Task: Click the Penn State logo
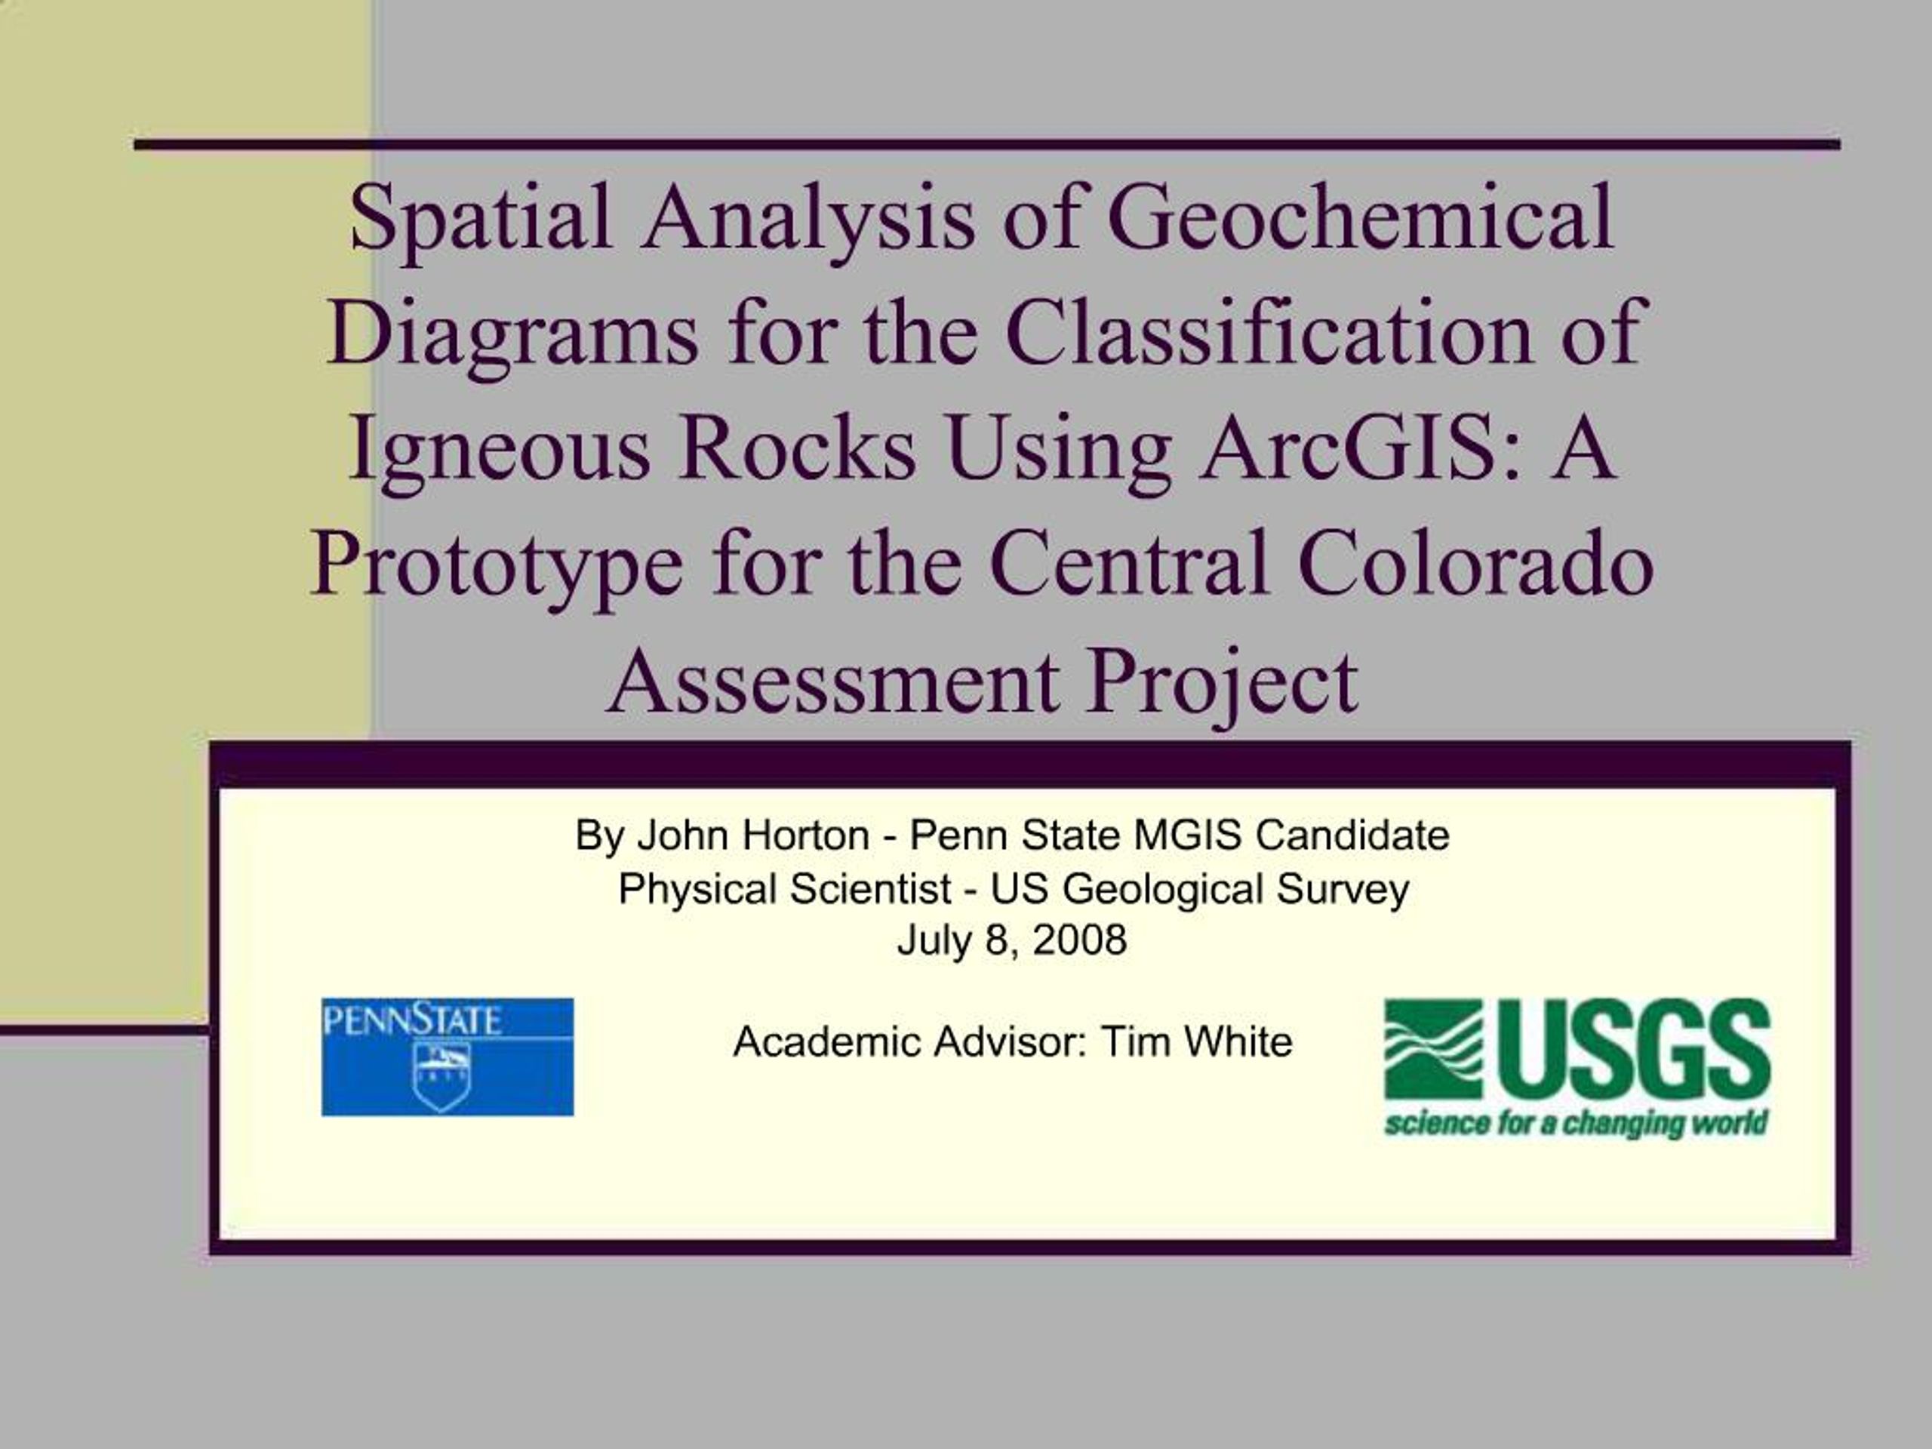448,1057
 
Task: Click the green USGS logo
1577,1068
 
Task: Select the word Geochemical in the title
1361,217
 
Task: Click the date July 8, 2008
1012,940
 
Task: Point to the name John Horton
753,835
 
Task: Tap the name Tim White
1197,1041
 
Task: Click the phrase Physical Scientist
784,889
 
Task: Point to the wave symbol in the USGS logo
1433,1049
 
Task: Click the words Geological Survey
1237,889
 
